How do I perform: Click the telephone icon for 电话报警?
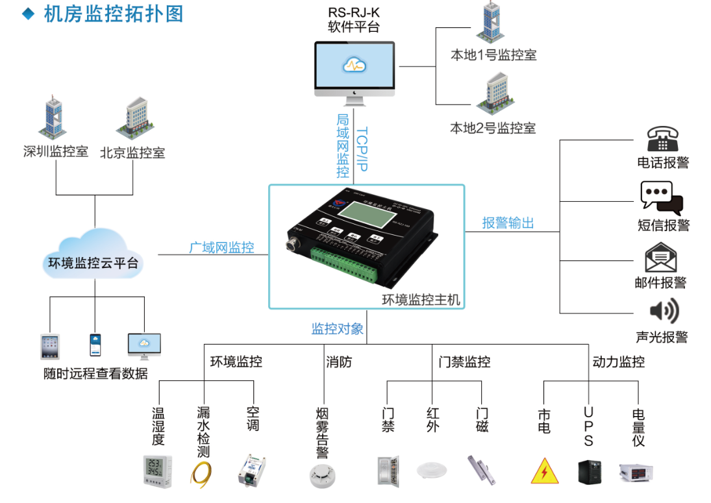[x=662, y=138]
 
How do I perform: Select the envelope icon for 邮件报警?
[x=661, y=257]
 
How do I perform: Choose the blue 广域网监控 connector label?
[x=221, y=247]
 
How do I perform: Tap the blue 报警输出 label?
[x=508, y=223]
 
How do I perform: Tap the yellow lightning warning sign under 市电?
[x=544, y=472]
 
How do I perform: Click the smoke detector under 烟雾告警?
[x=322, y=475]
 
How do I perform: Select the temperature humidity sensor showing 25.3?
[x=157, y=471]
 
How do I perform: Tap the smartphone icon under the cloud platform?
[x=95, y=345]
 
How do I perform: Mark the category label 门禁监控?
[x=464, y=362]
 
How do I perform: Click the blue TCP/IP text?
[x=362, y=149]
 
